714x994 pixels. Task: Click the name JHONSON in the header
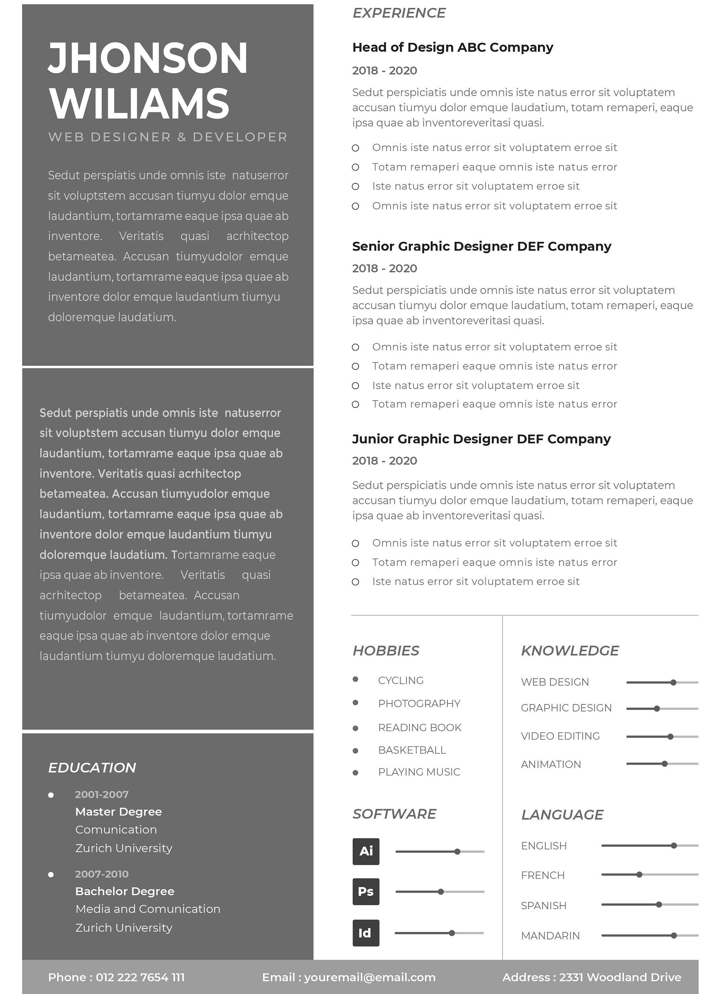coord(148,58)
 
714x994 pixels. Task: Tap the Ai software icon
coord(366,851)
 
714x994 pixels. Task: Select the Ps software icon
coord(366,891)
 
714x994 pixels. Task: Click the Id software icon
coord(366,933)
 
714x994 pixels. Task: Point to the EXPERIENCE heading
coord(399,13)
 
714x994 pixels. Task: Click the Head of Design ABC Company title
coord(452,47)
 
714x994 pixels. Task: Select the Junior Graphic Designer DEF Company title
coord(481,439)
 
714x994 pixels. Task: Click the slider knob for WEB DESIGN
coord(673,683)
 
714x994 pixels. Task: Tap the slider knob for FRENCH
coord(639,874)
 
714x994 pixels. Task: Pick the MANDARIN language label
coord(550,936)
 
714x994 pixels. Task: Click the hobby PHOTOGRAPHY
coord(419,703)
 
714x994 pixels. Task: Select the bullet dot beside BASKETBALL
coord(355,751)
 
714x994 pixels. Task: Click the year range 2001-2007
coord(102,794)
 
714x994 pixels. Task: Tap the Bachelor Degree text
coord(125,891)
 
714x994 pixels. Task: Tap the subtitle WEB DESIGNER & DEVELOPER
coord(167,137)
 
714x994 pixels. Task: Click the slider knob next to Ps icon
coord(441,891)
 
